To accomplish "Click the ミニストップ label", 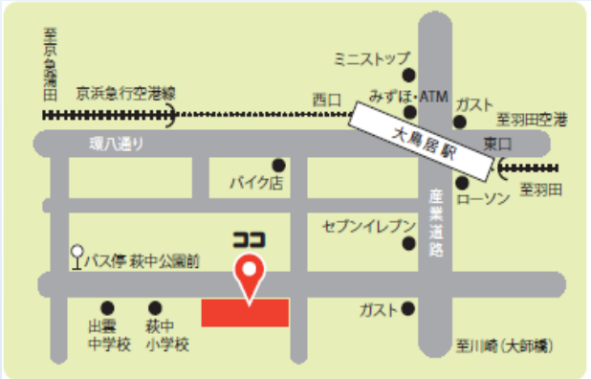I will click(x=371, y=59).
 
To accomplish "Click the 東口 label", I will click(x=498, y=144).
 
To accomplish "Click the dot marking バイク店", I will click(x=278, y=164).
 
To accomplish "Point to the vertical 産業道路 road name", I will click(x=436, y=222).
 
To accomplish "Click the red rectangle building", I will click(x=245, y=312).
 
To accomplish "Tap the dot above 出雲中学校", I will click(x=107, y=308).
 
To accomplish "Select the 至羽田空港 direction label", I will click(x=532, y=120).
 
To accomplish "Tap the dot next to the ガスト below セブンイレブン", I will click(x=408, y=308).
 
